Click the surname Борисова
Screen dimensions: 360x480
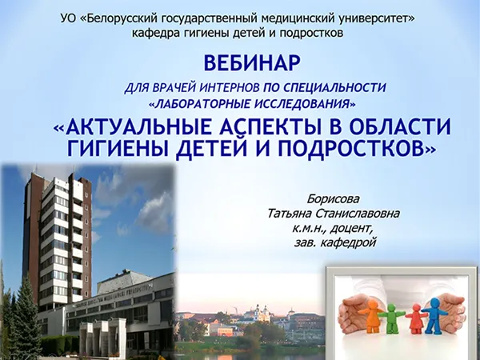(334, 198)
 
